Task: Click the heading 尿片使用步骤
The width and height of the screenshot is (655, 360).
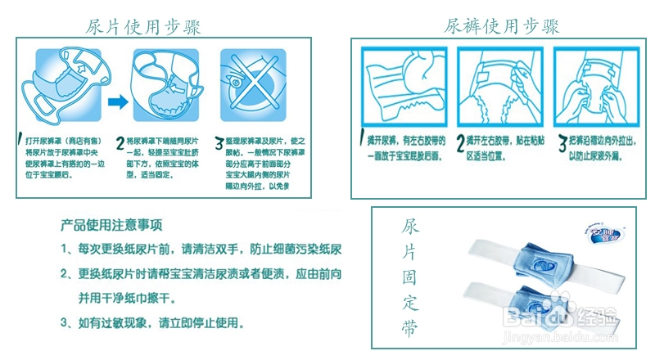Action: click(x=143, y=26)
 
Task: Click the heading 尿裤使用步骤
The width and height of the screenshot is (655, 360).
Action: click(x=502, y=26)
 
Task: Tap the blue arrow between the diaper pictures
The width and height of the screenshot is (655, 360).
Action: click(x=117, y=101)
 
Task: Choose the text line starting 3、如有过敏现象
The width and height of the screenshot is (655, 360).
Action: click(x=151, y=323)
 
